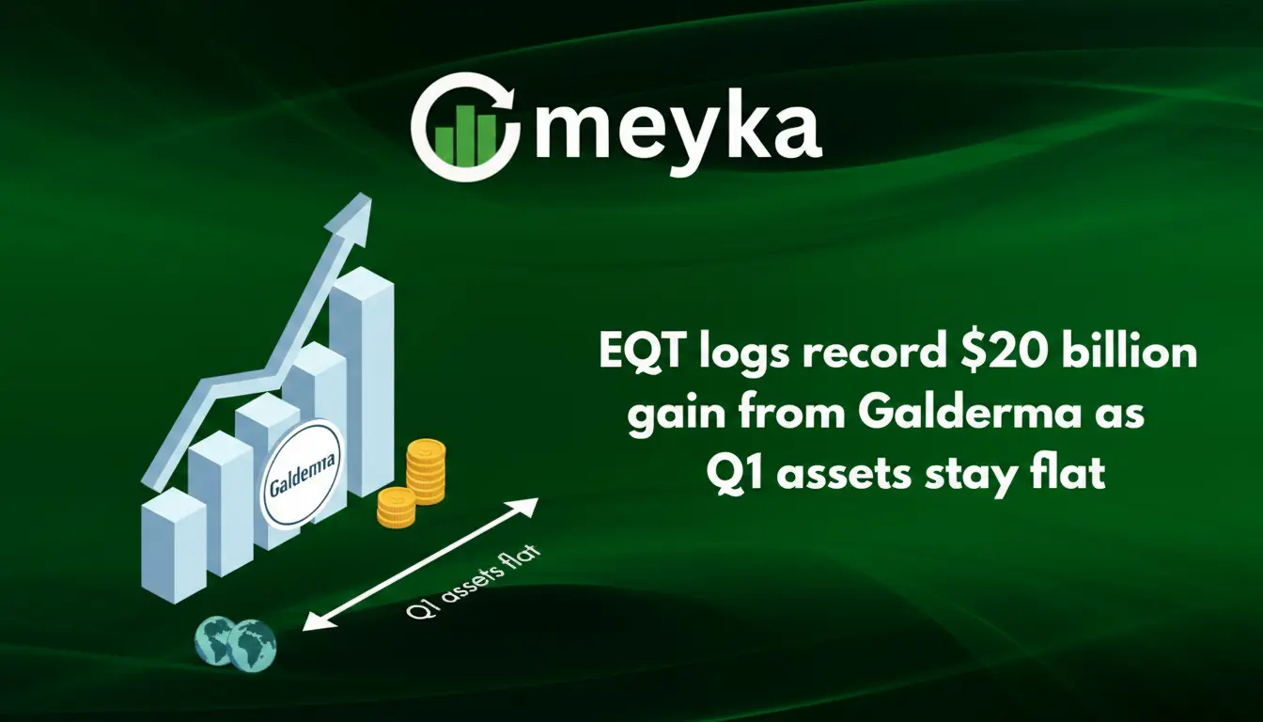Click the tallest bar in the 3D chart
click(363, 376)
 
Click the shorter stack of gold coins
click(396, 507)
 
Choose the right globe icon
click(252, 642)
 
